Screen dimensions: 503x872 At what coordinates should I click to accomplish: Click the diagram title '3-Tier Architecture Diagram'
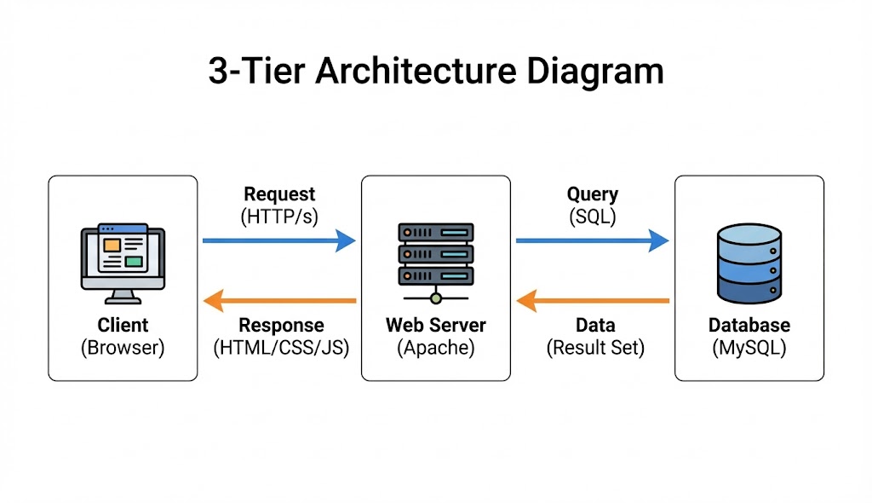click(435, 71)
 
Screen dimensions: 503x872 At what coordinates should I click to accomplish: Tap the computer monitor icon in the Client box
click(123, 263)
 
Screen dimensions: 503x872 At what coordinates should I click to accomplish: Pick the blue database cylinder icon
click(749, 264)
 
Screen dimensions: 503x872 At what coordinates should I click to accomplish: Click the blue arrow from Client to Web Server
click(278, 241)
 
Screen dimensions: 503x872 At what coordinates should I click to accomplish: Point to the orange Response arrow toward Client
click(278, 300)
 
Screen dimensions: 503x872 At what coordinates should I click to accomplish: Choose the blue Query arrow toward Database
click(592, 241)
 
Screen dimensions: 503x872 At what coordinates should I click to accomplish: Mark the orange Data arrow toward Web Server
click(592, 300)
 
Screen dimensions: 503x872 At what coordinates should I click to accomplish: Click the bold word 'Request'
click(279, 194)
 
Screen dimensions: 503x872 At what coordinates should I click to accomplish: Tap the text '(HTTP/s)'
click(279, 217)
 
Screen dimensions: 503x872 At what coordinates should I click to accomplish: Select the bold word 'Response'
click(281, 326)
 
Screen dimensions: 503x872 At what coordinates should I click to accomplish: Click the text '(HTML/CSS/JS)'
click(281, 348)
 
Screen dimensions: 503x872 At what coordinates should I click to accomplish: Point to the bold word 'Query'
click(593, 194)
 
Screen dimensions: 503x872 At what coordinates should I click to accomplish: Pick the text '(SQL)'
click(593, 217)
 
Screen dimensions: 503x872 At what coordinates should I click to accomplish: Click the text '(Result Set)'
click(595, 348)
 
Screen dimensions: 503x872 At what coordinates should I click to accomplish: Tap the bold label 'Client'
click(123, 326)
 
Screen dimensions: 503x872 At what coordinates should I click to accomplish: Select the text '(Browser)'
click(123, 348)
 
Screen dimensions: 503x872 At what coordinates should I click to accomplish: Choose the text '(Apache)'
click(436, 348)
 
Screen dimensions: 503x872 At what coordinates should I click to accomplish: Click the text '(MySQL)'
click(749, 348)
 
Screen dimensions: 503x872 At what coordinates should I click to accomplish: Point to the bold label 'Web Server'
click(436, 326)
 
